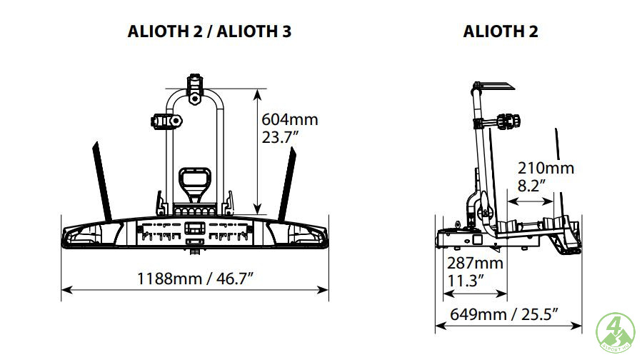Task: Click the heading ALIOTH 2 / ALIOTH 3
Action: [209, 31]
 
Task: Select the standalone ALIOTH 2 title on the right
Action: [501, 31]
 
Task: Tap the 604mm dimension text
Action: [290, 119]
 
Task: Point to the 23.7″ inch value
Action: [280, 137]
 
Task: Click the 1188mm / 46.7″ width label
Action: [195, 279]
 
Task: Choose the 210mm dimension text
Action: [546, 168]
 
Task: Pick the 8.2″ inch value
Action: [531, 186]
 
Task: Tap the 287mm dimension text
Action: [475, 263]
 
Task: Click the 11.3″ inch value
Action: [466, 281]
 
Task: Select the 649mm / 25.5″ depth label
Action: [504, 314]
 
